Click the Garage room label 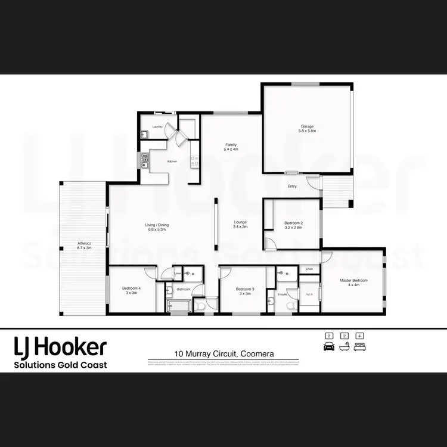click(x=307, y=126)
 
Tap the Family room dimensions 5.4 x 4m click(x=231, y=150)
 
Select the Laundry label click(x=157, y=127)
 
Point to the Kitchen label click(x=172, y=162)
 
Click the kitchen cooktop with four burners click(x=194, y=160)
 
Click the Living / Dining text click(x=157, y=225)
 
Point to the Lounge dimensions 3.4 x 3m click(x=240, y=227)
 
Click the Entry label click(x=292, y=187)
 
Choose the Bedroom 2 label click(x=293, y=223)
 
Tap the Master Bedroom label click(x=353, y=280)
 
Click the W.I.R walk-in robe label click(x=309, y=294)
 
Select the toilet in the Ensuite click(x=290, y=306)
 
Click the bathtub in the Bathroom click(x=178, y=306)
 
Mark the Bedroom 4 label click(x=131, y=288)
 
